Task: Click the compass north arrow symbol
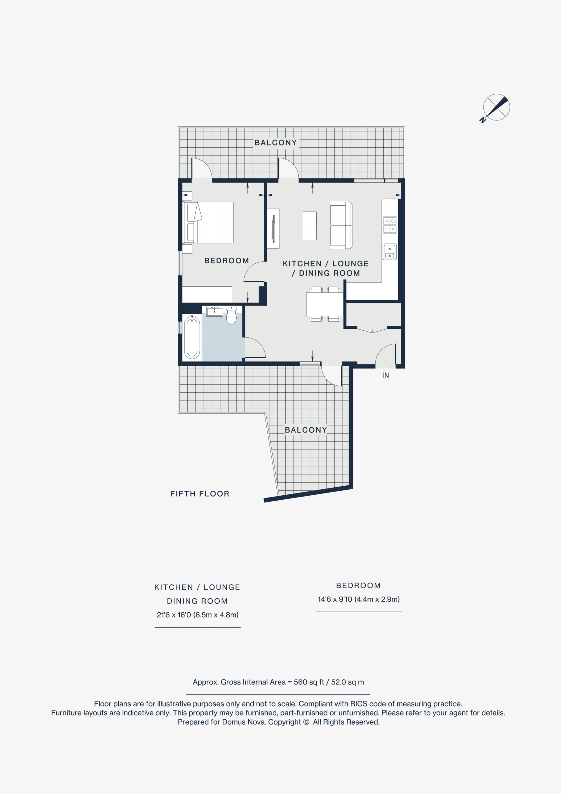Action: point(496,108)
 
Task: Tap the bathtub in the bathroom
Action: point(192,337)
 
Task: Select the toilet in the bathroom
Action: point(231,315)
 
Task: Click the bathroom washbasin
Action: point(214,311)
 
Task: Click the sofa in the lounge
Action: point(341,225)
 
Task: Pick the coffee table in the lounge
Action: point(309,226)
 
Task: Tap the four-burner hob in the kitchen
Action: point(390,225)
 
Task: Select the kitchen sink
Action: point(390,252)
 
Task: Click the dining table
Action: point(324,304)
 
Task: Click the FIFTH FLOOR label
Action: point(200,493)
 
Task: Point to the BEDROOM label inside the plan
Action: point(227,261)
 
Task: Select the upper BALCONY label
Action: point(276,142)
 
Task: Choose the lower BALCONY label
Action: point(306,430)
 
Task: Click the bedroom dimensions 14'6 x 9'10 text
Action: point(359,599)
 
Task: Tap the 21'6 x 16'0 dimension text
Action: point(198,615)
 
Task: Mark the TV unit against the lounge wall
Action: point(273,228)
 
